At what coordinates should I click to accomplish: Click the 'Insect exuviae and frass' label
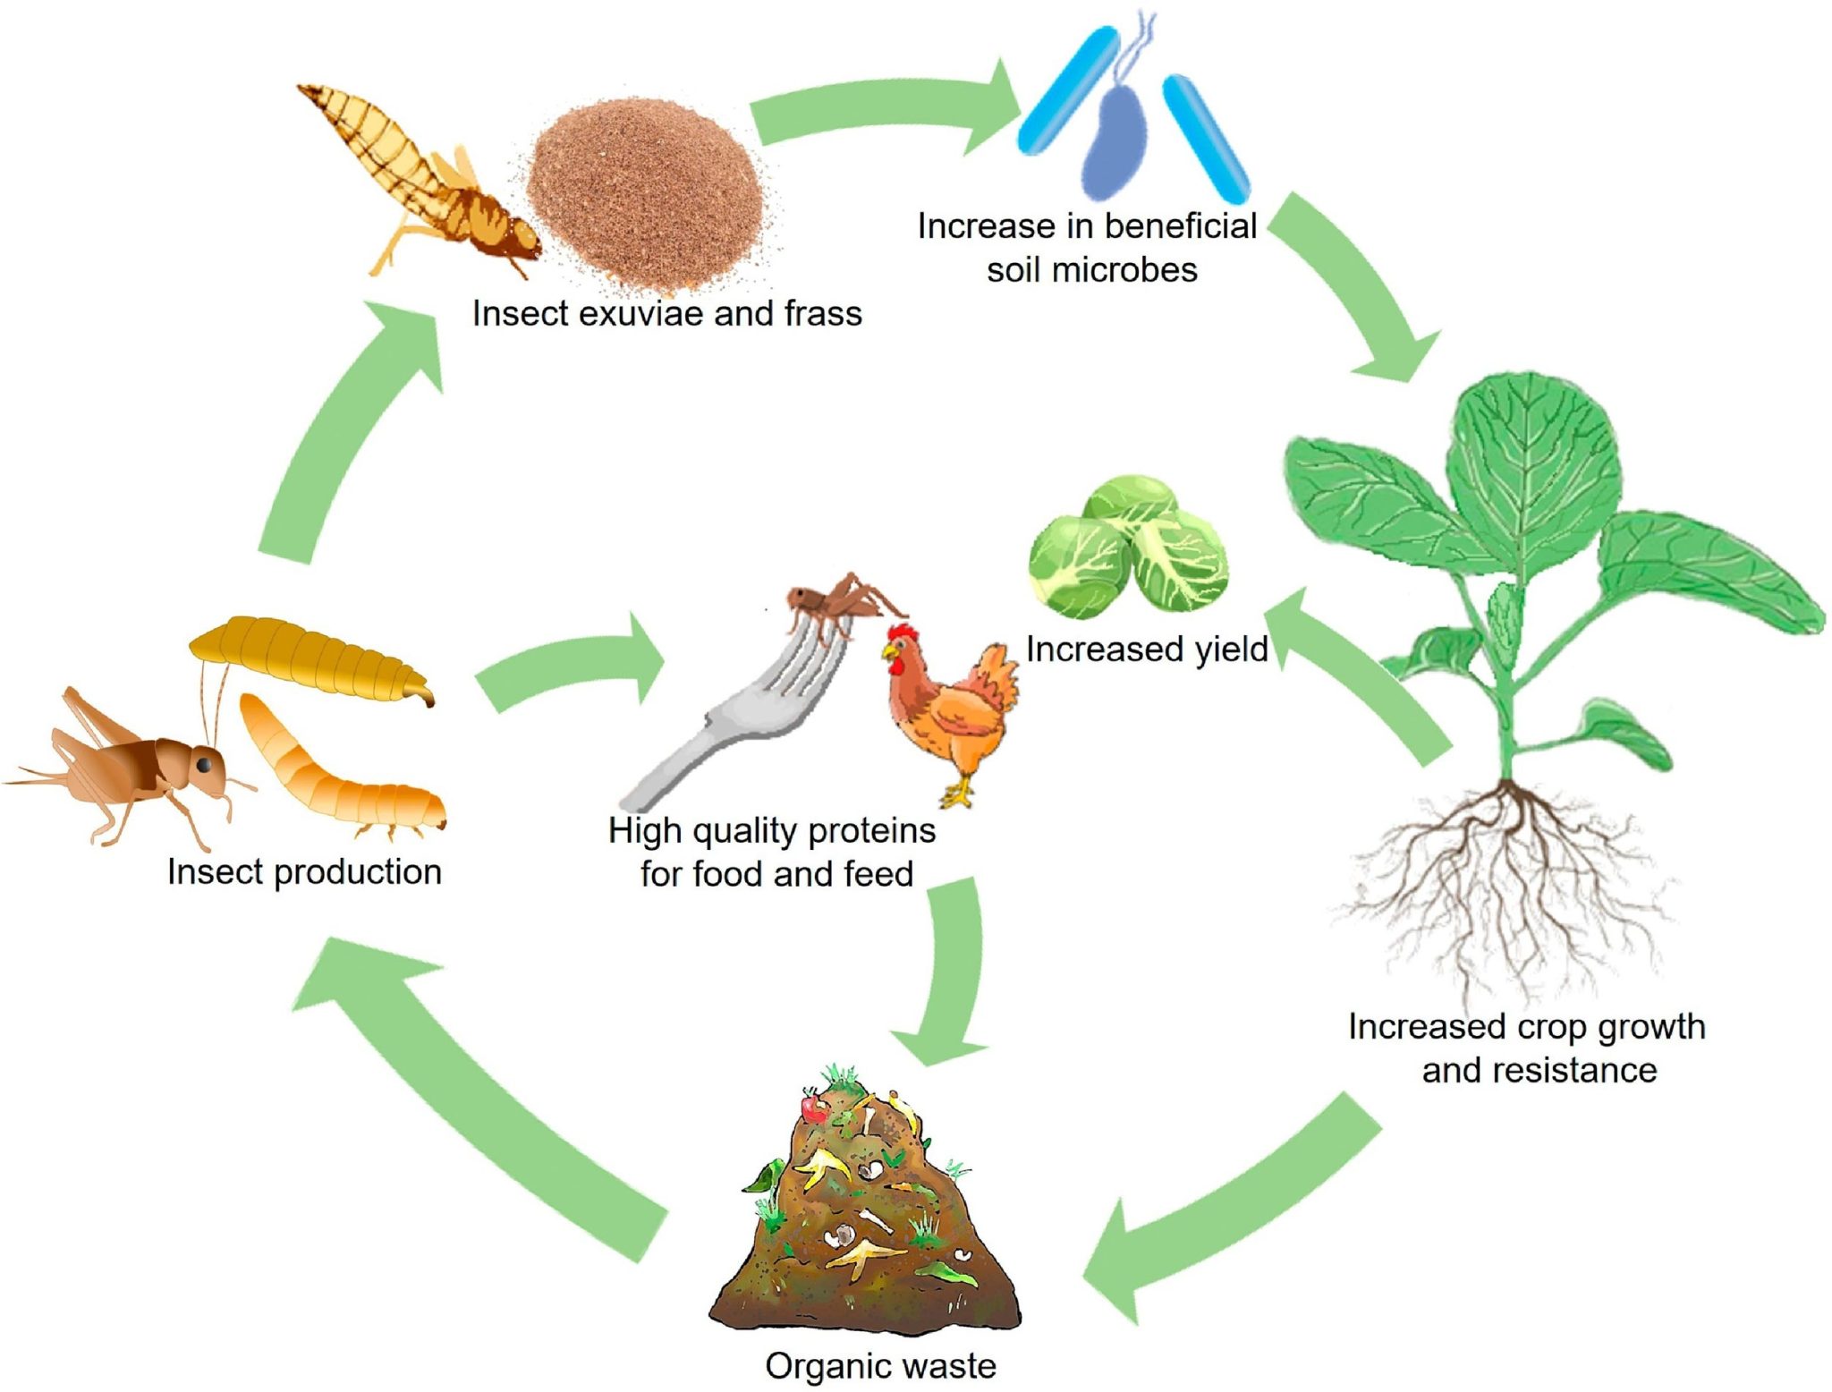[x=666, y=314]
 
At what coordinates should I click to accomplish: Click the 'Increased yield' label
[x=1146, y=649]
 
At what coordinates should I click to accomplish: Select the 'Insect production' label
[x=304, y=872]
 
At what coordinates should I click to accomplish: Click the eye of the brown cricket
[x=205, y=765]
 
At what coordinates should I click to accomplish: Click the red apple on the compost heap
[x=814, y=1109]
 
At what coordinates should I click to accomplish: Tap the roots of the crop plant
[x=1503, y=886]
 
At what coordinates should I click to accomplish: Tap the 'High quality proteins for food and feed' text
[x=773, y=853]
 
